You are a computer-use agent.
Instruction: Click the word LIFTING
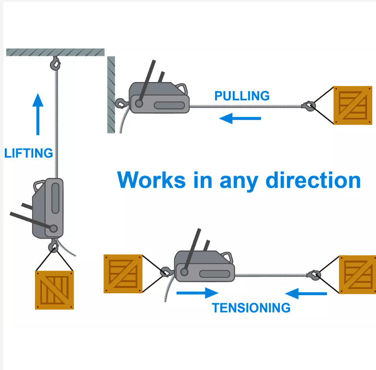pos(28,153)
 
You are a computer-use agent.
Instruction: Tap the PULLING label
pos(242,95)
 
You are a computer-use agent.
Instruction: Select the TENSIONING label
pos(251,308)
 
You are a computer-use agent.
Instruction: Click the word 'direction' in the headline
pos(313,180)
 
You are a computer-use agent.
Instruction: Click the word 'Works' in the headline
pos(151,180)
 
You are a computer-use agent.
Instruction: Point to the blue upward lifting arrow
pos(38,114)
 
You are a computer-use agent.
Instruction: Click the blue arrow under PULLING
pos(240,118)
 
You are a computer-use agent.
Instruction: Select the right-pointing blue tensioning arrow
pos(197,293)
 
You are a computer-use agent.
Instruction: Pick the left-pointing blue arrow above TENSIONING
pos(306,293)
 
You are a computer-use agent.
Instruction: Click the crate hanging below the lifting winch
pos(54,290)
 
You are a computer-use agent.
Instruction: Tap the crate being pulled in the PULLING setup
pos(353,105)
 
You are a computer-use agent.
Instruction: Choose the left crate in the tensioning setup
pos(123,274)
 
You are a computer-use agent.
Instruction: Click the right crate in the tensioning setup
pos(358,275)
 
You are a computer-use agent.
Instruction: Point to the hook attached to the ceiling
pos(55,64)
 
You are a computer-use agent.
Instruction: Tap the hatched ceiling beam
pos(55,52)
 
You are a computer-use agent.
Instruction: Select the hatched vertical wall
pos(111,95)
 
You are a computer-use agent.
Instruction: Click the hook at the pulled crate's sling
pos(309,106)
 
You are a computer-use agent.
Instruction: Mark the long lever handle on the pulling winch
pos(147,82)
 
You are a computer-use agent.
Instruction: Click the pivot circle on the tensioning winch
pos(184,272)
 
